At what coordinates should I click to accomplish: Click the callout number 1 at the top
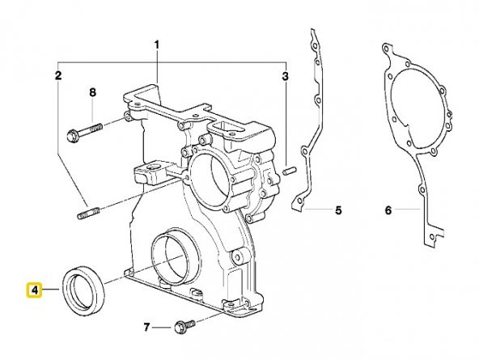pyautogui.click(x=158, y=44)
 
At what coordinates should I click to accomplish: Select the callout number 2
pyautogui.click(x=58, y=77)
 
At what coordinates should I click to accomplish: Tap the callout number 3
pyautogui.click(x=286, y=77)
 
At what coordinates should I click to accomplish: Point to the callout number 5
pyautogui.click(x=338, y=210)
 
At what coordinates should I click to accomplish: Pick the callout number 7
pyautogui.click(x=147, y=328)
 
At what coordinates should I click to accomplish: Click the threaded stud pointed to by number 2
pyautogui.click(x=88, y=215)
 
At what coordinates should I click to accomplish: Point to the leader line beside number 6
pyautogui.click(x=409, y=210)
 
